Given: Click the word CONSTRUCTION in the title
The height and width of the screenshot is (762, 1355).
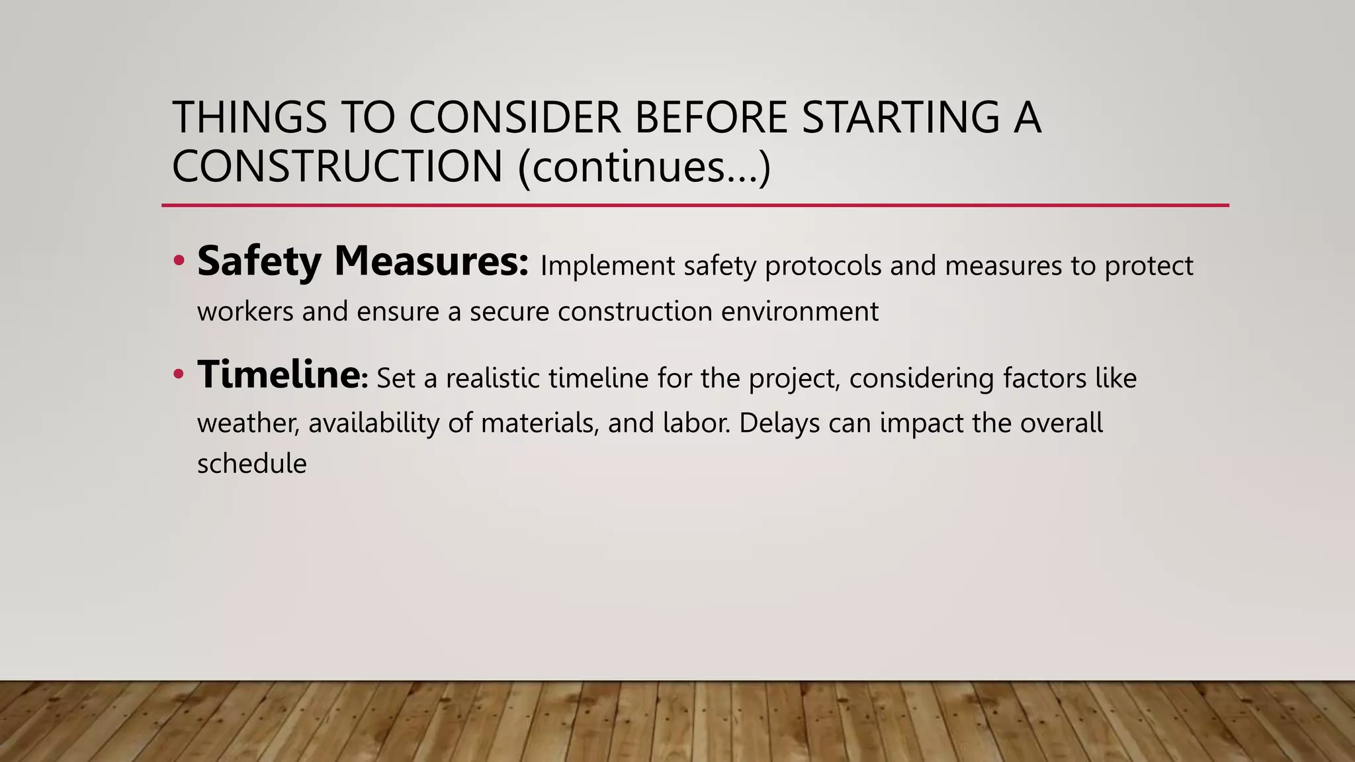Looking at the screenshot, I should click(x=337, y=166).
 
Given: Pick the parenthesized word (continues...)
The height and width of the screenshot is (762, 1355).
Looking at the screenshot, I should click(x=644, y=167).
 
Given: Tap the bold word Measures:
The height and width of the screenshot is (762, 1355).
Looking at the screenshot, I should click(x=431, y=261).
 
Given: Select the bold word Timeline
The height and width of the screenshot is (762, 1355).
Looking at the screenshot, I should click(x=278, y=374).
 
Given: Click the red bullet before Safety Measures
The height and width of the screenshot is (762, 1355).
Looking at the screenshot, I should click(x=178, y=261).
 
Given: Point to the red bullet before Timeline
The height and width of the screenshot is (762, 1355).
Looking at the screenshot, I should click(x=178, y=375).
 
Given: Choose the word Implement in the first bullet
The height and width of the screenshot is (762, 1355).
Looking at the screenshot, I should click(x=607, y=266).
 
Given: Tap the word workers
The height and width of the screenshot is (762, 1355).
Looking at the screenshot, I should click(x=245, y=311).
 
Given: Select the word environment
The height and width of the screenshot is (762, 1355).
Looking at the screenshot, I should click(x=799, y=311).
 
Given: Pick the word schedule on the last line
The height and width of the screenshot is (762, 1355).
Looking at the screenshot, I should click(x=251, y=464).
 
